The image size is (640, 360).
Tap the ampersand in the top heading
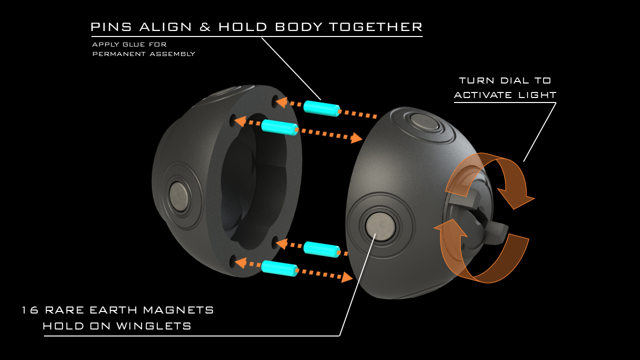point(205,27)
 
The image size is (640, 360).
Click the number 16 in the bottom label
point(30,310)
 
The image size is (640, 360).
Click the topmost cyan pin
point(321,108)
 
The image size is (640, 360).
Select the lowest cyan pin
point(279,268)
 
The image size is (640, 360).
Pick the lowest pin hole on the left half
point(233,261)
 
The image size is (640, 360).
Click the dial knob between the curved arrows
point(487,220)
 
